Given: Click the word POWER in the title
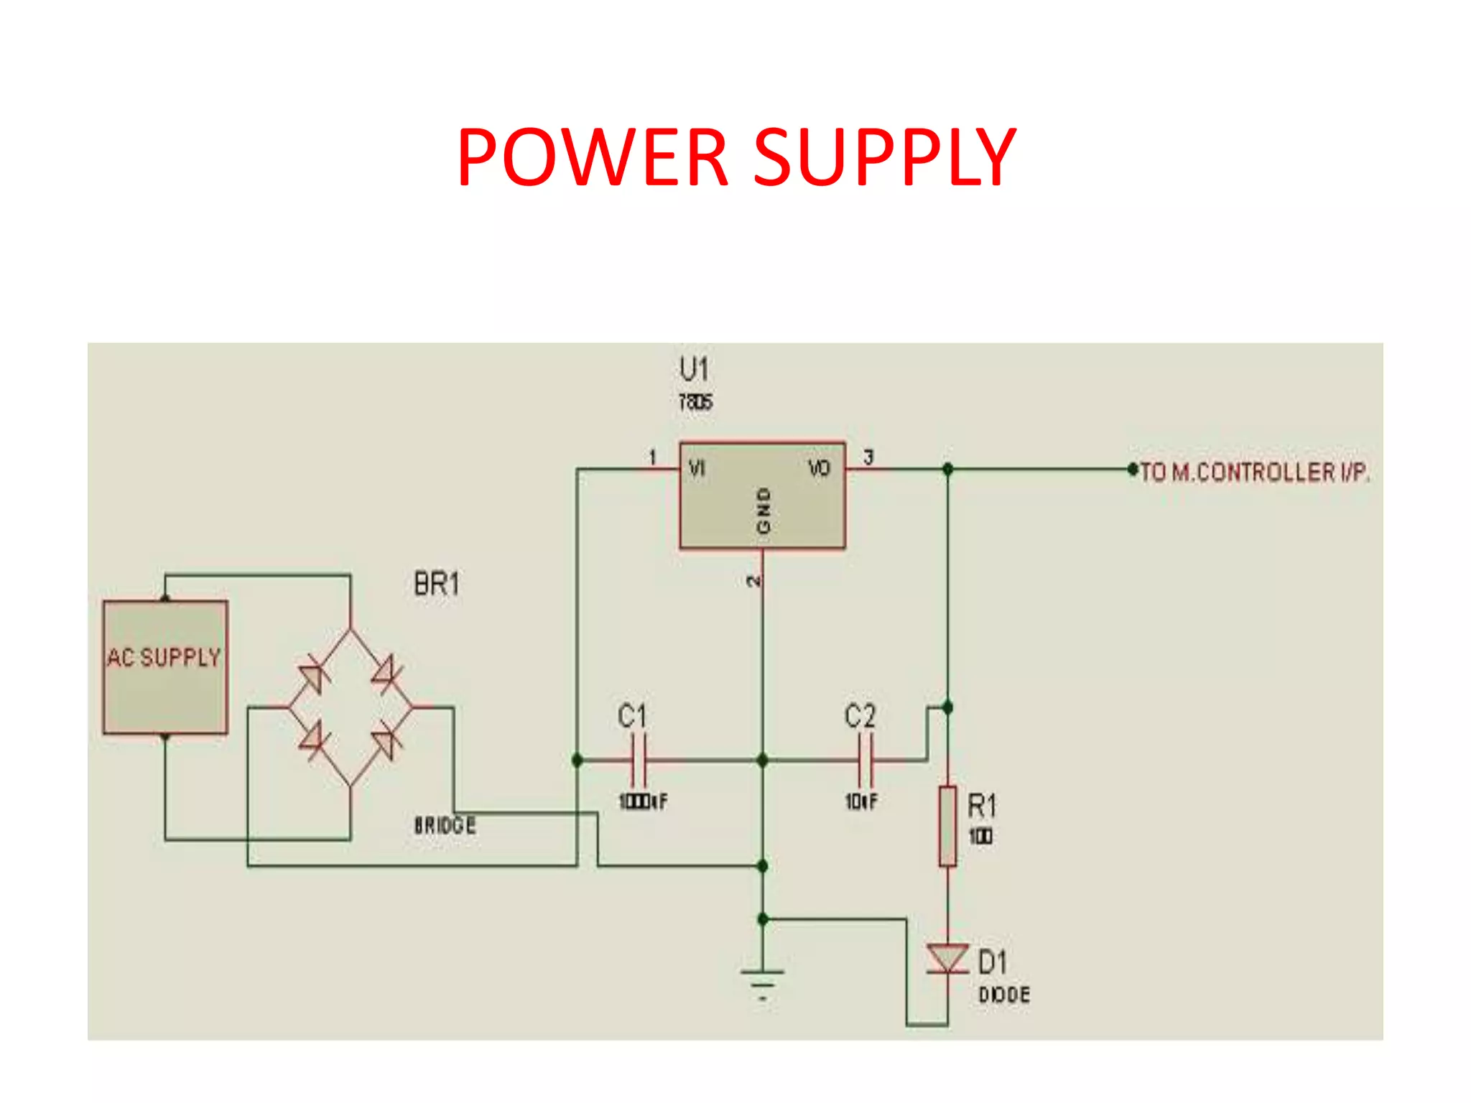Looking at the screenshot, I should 593,157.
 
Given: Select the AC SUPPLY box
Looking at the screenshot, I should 165,668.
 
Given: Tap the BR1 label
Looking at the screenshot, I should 437,584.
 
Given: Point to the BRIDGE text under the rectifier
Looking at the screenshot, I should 445,825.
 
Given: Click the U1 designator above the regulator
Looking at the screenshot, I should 694,370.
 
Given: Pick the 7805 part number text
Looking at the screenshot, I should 695,402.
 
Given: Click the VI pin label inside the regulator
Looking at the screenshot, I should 697,469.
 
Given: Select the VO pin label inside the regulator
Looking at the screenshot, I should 819,469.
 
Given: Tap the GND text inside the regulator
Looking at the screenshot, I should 763,511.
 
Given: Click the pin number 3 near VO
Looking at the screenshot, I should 868,457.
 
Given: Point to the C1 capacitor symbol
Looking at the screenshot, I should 639,760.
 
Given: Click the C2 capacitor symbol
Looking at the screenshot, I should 866,760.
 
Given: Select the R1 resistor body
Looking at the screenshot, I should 948,827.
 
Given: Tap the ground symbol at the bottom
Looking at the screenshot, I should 763,981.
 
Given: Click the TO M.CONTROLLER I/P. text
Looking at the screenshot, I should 1255,472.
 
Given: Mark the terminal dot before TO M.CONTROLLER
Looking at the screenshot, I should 1133,470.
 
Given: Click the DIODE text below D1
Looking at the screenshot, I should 1004,995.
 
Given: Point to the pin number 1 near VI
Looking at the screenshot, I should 652,457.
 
